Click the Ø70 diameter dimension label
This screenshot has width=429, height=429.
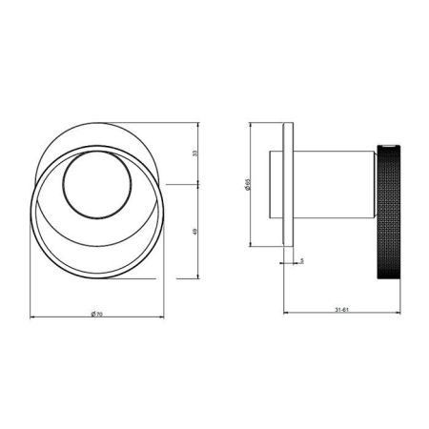(x=99, y=315)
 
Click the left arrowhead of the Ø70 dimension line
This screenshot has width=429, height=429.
(x=32, y=316)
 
